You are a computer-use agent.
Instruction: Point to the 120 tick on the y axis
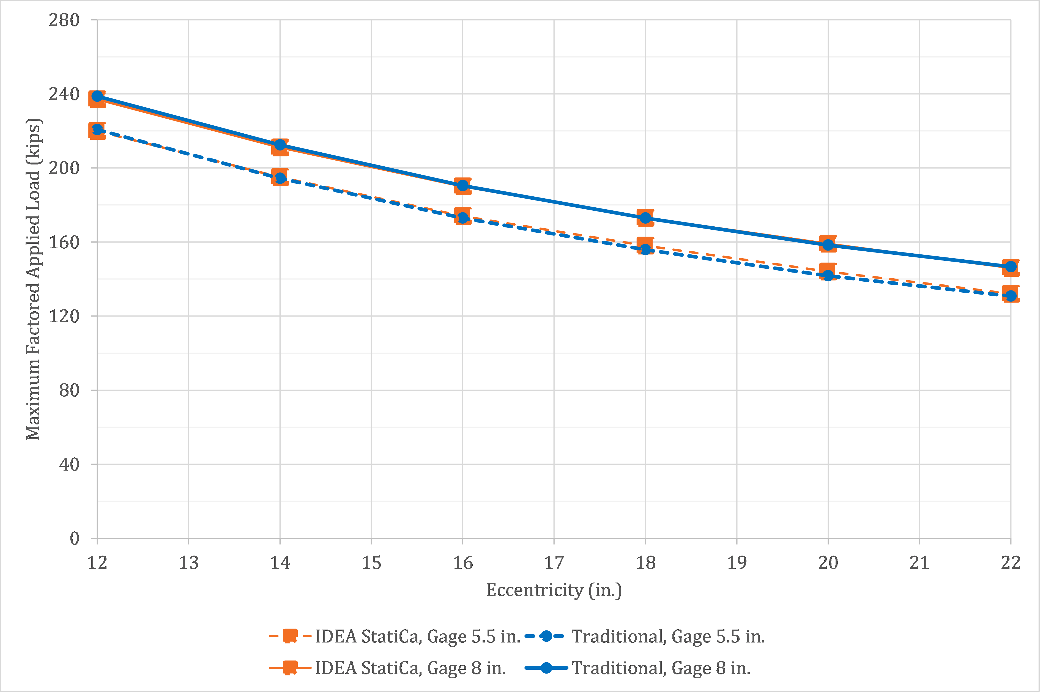click(x=64, y=316)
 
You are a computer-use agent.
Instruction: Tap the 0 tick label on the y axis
click(x=75, y=539)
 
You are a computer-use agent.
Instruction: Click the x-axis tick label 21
click(x=919, y=563)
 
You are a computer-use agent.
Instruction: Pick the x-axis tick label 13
click(x=188, y=563)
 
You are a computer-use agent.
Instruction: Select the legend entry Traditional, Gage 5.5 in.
click(x=668, y=637)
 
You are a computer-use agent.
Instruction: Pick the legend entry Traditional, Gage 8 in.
click(x=661, y=668)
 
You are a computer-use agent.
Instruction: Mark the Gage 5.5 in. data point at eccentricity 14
click(x=280, y=178)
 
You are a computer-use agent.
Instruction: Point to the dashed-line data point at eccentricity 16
click(x=462, y=217)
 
